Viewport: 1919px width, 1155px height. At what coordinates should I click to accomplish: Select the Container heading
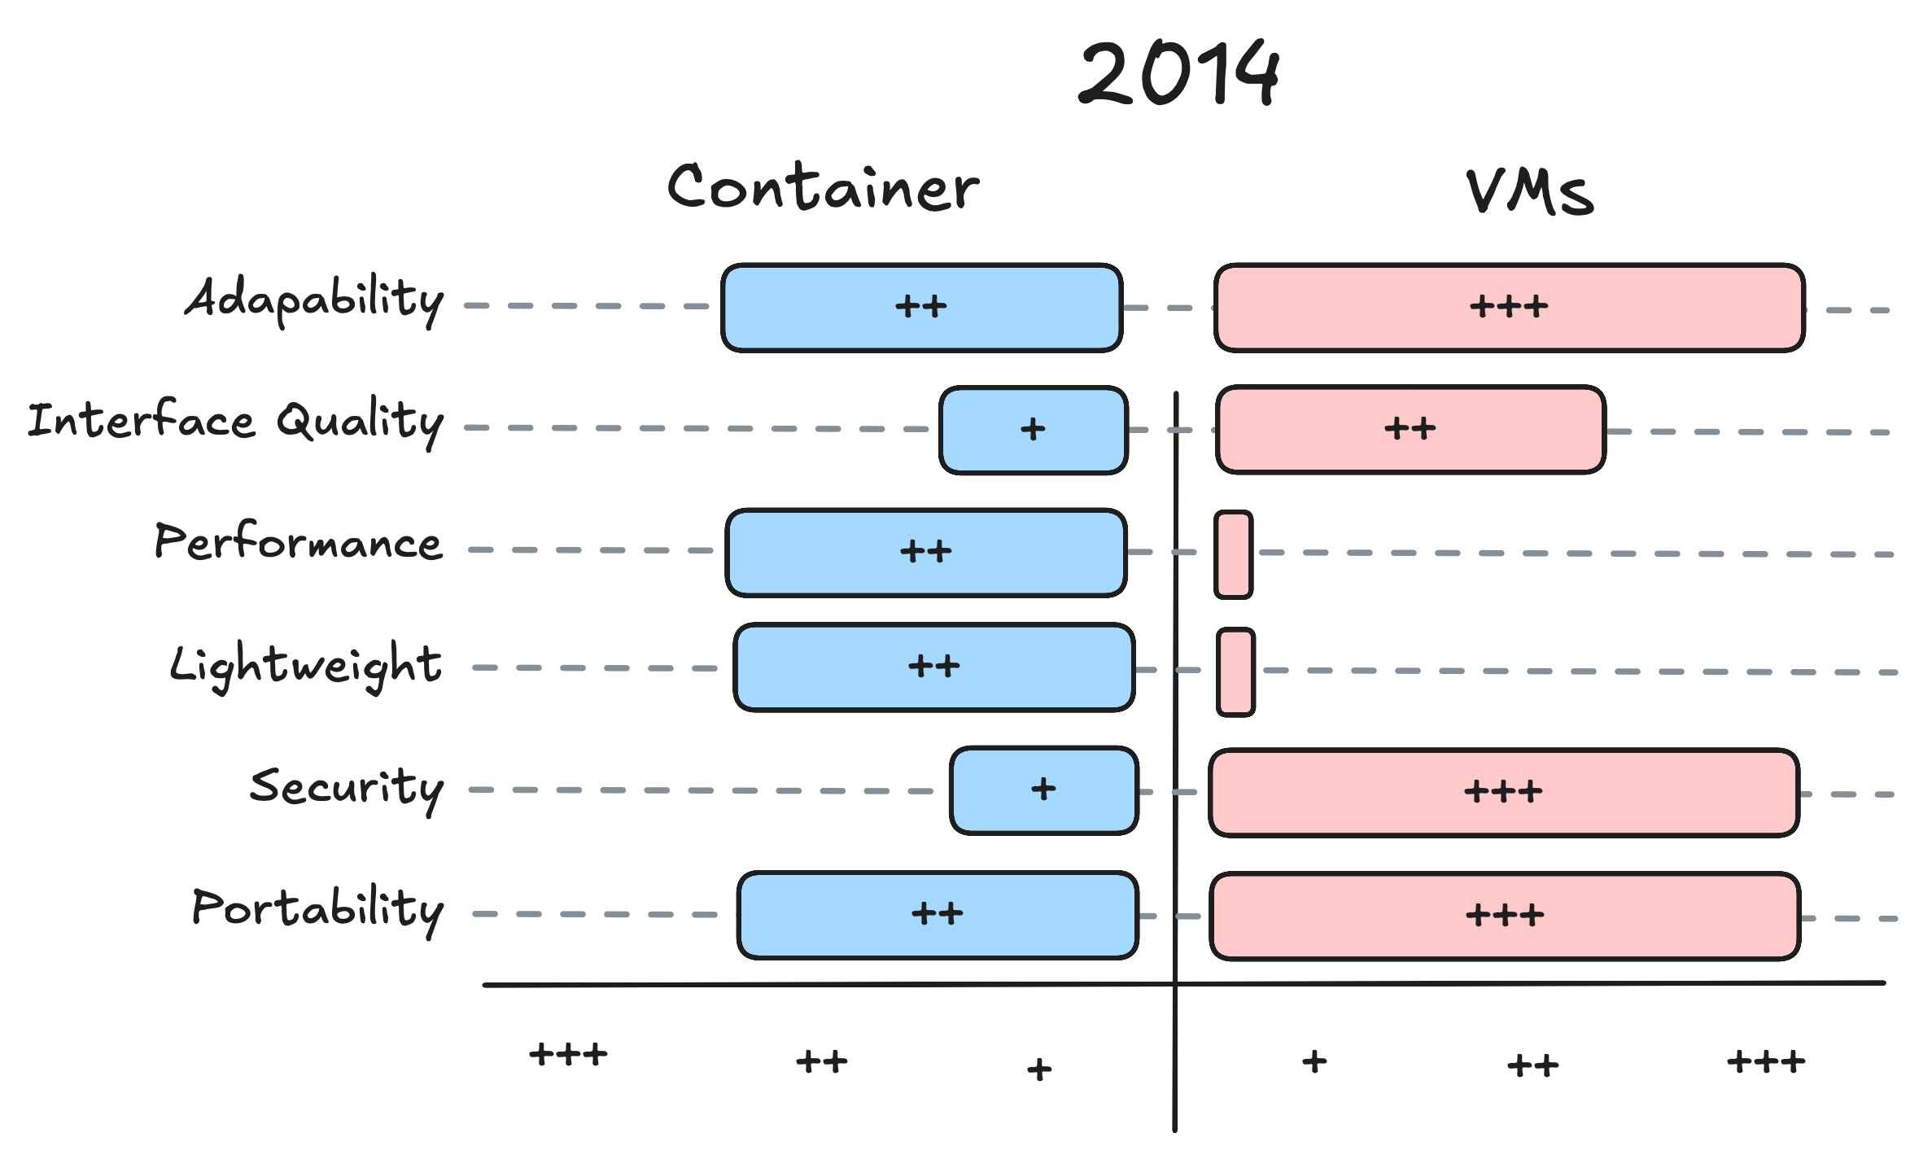[x=823, y=188]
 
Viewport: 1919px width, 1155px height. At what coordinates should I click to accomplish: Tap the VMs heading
[x=1530, y=192]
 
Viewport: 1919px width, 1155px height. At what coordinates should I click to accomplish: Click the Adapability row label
[x=315, y=300]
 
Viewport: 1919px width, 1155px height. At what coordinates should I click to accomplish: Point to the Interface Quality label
[x=236, y=422]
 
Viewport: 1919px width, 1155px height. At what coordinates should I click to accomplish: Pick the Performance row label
[x=299, y=542]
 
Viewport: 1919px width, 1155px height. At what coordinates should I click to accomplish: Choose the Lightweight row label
[x=306, y=665]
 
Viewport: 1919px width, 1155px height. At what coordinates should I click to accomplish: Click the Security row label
[x=347, y=787]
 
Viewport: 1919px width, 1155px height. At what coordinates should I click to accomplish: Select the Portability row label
[x=318, y=908]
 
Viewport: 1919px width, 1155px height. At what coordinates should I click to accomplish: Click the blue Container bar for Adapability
[x=921, y=308]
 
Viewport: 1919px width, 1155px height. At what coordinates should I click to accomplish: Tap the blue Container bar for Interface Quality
[x=1034, y=430]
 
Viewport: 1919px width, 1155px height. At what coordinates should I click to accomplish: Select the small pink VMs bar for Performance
[x=1233, y=554]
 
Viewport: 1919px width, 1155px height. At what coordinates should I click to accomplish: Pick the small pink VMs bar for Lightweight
[x=1235, y=672]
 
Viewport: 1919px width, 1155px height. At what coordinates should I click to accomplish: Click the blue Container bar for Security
[x=1043, y=790]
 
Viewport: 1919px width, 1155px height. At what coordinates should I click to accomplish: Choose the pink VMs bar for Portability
[x=1504, y=916]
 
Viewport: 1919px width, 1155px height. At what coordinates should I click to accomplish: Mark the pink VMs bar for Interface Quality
[x=1410, y=430]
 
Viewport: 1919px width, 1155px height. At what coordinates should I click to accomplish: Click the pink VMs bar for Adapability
[x=1509, y=308]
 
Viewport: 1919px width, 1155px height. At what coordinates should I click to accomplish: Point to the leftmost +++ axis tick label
[x=568, y=1055]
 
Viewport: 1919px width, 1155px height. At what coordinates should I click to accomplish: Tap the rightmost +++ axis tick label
[x=1766, y=1061]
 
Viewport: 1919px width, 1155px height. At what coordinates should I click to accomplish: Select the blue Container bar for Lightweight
[x=933, y=667]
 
